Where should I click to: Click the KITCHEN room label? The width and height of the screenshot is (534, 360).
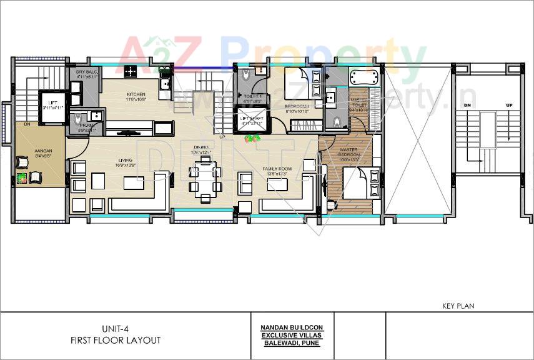136,95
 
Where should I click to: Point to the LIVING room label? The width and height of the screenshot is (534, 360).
124,161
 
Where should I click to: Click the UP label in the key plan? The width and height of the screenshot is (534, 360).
510,105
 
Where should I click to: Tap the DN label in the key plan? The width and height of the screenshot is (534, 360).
466,105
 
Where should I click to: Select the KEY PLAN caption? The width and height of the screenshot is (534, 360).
458,306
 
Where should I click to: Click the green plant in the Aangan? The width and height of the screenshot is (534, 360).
23,177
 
